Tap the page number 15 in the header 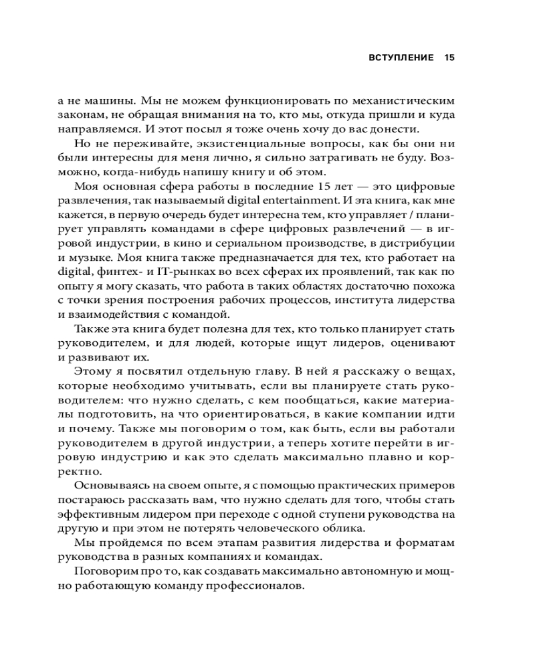[x=449, y=58]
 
